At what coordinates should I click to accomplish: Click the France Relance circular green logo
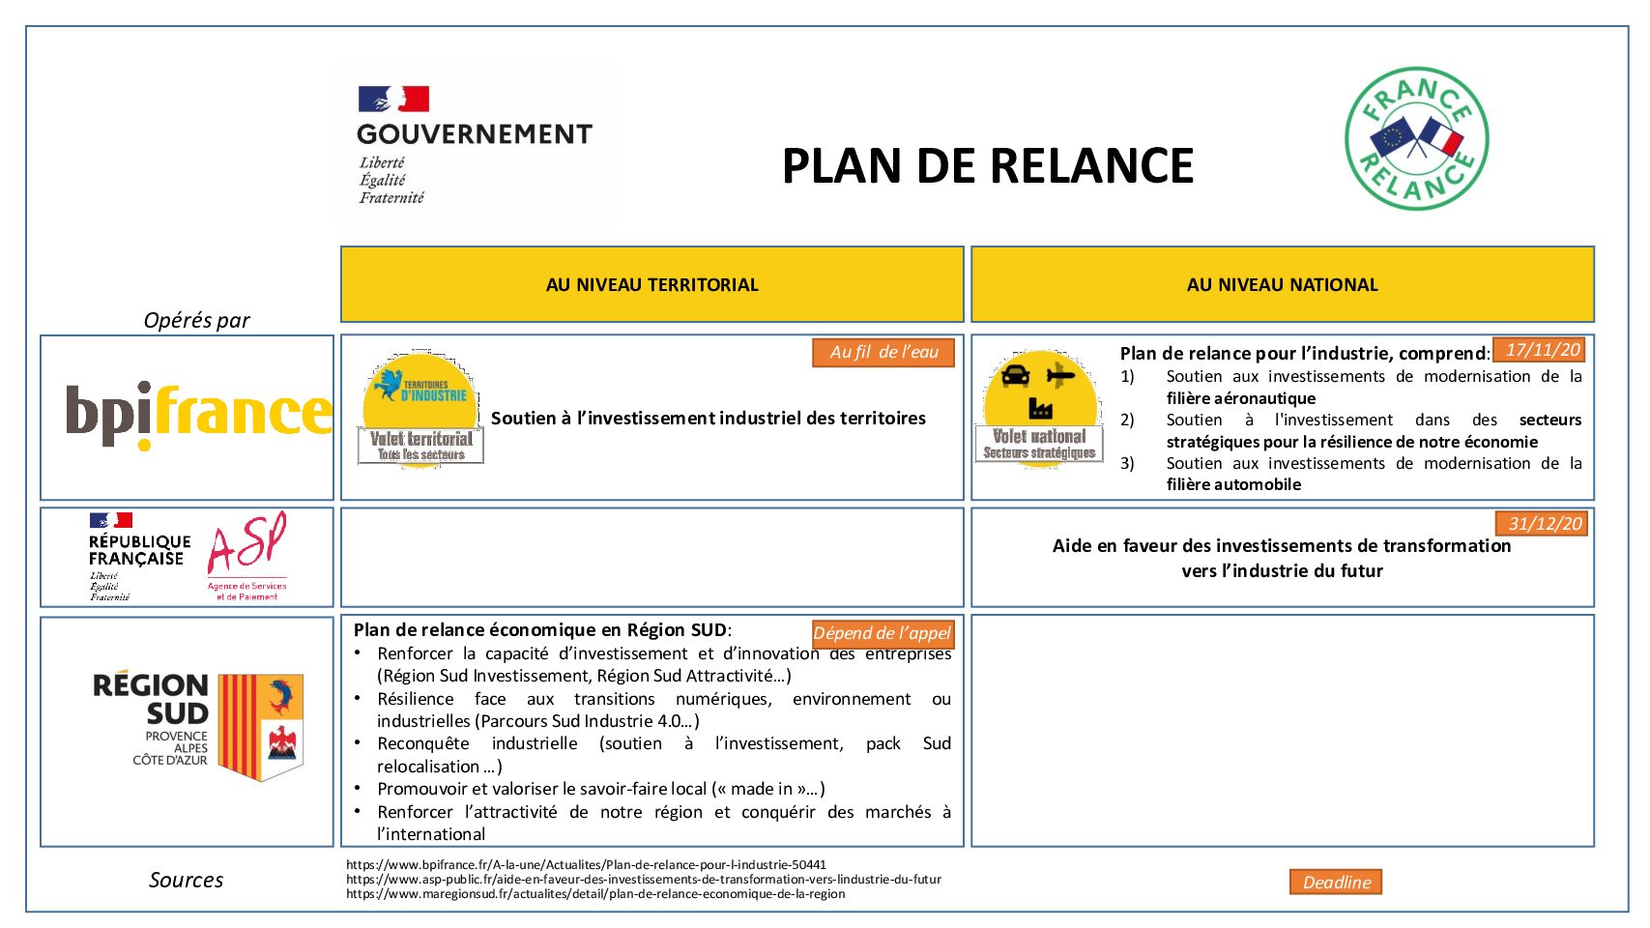(x=1416, y=138)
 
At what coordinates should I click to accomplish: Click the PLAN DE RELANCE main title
(x=987, y=165)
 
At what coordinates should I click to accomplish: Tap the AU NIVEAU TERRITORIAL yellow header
(x=651, y=284)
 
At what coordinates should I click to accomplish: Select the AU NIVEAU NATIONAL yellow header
(x=1282, y=284)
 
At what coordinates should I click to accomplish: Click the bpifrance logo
(x=198, y=415)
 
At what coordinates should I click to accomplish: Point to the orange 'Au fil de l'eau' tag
(x=883, y=352)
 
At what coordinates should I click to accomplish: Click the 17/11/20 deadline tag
(x=1542, y=350)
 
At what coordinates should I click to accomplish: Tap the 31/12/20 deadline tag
(x=1544, y=524)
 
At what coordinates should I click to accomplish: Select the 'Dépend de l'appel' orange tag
(x=882, y=633)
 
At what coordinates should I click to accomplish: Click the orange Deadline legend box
(x=1336, y=882)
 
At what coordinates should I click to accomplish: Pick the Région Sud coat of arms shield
(x=261, y=726)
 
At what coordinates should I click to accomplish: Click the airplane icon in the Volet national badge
(x=1060, y=375)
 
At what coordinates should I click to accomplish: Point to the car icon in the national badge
(x=1015, y=375)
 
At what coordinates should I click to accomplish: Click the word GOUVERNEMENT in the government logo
(x=474, y=134)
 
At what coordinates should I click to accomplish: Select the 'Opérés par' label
(x=196, y=320)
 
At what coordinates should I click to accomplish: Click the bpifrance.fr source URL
(x=586, y=865)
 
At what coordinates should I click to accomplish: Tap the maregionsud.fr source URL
(x=595, y=894)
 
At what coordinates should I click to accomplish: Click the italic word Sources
(x=186, y=880)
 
